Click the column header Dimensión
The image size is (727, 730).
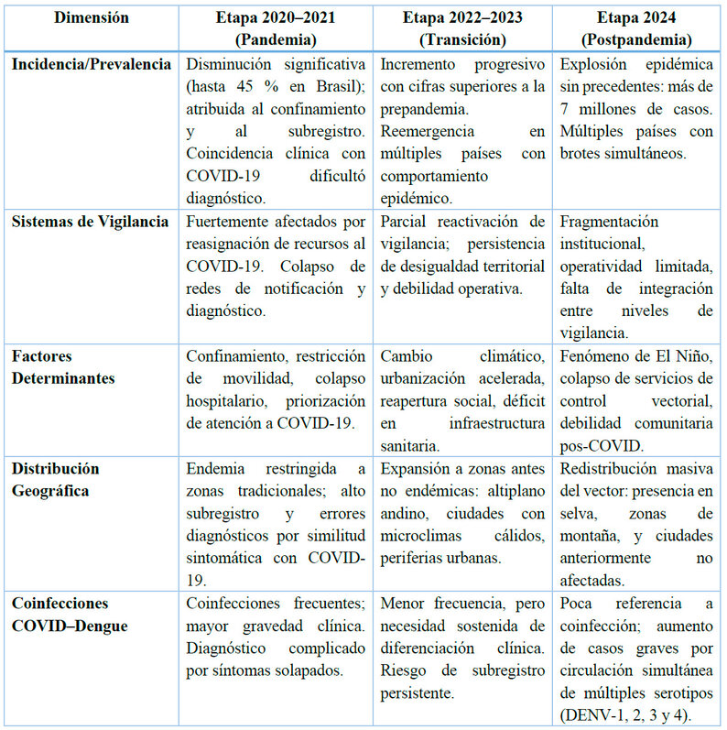click(90, 17)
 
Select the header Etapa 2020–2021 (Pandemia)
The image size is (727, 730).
click(277, 28)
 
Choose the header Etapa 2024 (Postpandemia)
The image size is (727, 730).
click(639, 28)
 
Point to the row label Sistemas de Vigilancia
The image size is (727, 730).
click(90, 223)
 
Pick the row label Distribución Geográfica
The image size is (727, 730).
click(56, 479)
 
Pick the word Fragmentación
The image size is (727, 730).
click(609, 223)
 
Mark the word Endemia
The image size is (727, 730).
click(215, 469)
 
